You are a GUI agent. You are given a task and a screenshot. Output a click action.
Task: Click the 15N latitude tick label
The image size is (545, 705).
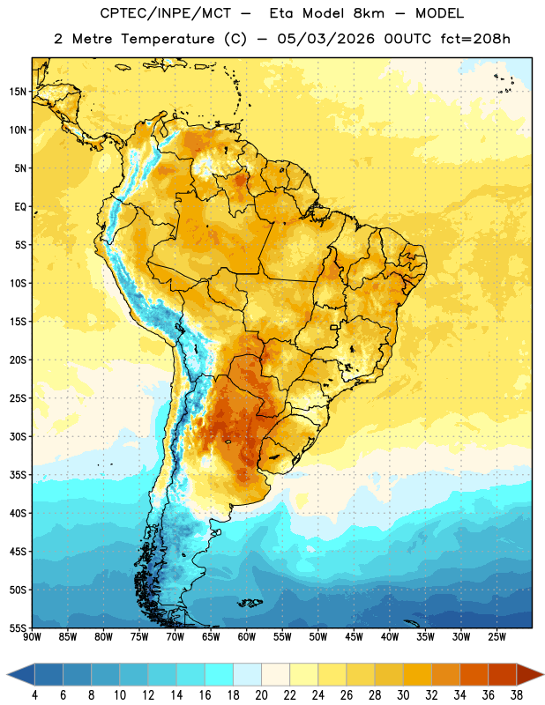pyautogui.click(x=18, y=92)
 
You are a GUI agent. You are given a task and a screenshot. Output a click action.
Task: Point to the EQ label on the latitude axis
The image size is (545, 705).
pyautogui.click(x=20, y=207)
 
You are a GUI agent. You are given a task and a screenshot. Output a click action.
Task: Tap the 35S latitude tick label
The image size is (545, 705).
pyautogui.click(x=18, y=475)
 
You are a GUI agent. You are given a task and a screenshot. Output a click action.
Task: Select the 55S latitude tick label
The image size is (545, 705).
pyautogui.click(x=18, y=628)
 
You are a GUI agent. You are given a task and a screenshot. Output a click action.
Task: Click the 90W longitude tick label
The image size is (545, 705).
pyautogui.click(x=32, y=637)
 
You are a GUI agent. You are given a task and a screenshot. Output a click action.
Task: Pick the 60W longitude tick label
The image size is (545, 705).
pyautogui.click(x=247, y=637)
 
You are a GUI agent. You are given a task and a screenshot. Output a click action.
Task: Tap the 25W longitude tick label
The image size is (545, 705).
pyautogui.click(x=496, y=637)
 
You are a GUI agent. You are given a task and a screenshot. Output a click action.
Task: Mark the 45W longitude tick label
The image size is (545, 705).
pyautogui.click(x=354, y=637)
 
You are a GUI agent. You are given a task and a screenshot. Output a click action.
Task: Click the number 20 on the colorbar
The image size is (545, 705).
pyautogui.click(x=261, y=695)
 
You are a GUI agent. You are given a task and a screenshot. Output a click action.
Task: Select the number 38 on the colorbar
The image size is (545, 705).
pyautogui.click(x=517, y=695)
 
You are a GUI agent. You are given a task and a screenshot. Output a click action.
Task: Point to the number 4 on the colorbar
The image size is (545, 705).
pyautogui.click(x=34, y=695)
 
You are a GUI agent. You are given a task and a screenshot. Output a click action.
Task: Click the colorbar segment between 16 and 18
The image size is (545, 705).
pyautogui.click(x=219, y=674)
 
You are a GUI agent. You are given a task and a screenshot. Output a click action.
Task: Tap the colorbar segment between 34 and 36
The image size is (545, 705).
pyautogui.click(x=474, y=674)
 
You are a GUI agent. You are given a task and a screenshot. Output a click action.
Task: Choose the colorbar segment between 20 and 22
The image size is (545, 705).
pyautogui.click(x=275, y=674)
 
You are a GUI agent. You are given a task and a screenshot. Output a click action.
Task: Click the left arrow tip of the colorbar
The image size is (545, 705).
pyautogui.click(x=7, y=674)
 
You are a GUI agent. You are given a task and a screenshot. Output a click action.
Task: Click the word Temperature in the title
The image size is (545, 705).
pyautogui.click(x=168, y=39)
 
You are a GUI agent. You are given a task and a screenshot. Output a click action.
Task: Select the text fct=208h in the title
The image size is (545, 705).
pyautogui.click(x=475, y=39)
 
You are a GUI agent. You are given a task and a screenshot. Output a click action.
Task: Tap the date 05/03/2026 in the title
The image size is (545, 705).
pyautogui.click(x=325, y=39)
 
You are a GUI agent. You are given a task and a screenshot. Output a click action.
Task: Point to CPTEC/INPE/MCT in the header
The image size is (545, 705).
pyautogui.click(x=165, y=13)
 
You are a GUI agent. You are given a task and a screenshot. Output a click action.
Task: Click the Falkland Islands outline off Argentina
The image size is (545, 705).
pyautogui.click(x=250, y=603)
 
